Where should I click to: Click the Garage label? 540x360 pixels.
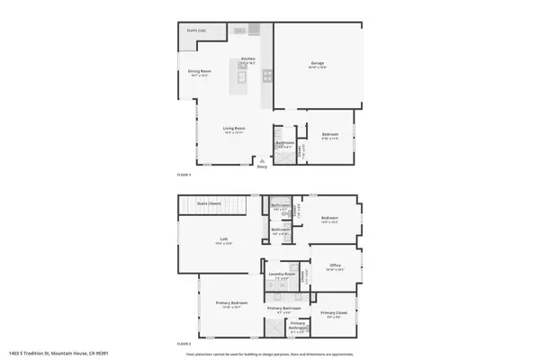tap(318, 63)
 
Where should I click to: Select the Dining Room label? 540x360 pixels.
tap(199, 71)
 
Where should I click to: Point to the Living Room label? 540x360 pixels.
tap(235, 130)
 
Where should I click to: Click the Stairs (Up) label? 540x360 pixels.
tap(196, 30)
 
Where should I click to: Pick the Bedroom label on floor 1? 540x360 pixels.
tap(330, 136)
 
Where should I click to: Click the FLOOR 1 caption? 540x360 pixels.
tap(184, 175)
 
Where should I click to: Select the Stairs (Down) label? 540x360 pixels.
tap(210, 204)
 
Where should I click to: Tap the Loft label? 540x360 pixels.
tap(222, 238)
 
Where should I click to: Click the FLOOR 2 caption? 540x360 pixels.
tap(184, 344)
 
